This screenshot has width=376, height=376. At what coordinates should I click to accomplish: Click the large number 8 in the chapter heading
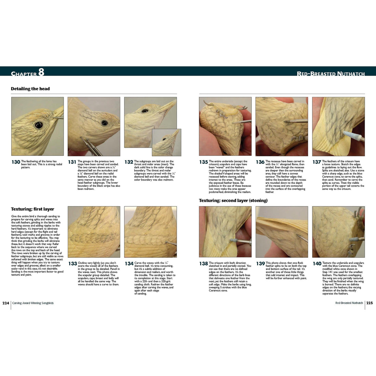click(x=41, y=72)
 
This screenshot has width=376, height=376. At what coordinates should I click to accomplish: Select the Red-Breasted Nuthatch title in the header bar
click(x=331, y=73)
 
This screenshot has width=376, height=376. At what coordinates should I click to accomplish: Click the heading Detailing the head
click(x=30, y=89)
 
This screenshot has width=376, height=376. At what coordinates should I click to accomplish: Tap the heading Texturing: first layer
click(x=32, y=209)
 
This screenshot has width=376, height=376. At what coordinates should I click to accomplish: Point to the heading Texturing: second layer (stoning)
click(x=233, y=200)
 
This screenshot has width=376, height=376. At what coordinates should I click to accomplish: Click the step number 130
click(x=16, y=162)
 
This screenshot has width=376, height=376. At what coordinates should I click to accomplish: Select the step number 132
click(x=129, y=162)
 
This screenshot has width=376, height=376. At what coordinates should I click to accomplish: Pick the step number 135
click(x=203, y=162)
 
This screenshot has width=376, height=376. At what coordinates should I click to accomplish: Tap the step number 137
click(x=317, y=162)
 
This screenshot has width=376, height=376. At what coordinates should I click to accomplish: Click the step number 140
click(x=317, y=264)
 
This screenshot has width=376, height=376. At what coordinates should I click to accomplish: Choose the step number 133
click(x=72, y=264)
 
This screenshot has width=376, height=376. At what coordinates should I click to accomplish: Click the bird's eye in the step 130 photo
click(x=39, y=125)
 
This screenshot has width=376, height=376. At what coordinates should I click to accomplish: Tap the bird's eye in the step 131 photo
click(x=104, y=123)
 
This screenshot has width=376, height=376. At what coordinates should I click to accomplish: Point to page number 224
click(x=6, y=303)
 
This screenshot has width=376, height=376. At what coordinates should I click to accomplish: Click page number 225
click(x=370, y=303)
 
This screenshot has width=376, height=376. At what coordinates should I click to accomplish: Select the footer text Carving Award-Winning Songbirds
click(x=33, y=303)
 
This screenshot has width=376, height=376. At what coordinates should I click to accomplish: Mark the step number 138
click(x=203, y=264)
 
